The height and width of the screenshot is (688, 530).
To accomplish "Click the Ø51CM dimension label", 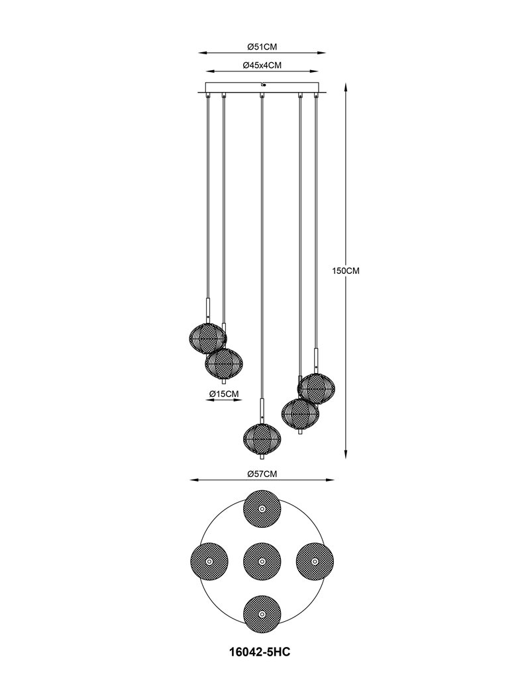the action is point(262,47).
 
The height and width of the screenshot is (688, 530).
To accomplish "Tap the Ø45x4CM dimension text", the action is point(262,65).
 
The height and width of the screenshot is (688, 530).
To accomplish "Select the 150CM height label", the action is point(345,271).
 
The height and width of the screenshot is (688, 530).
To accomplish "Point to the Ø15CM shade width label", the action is point(224,394).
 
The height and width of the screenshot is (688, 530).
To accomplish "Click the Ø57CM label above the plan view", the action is point(262,474).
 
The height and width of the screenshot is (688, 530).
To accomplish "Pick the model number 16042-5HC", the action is point(260,652).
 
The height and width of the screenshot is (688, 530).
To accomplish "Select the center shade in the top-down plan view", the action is point(262,562).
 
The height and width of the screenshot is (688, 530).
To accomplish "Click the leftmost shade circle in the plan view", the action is point(209,562).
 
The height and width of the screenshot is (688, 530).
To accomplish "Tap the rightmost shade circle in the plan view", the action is point(315,562).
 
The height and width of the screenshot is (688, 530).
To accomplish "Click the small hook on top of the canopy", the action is point(262,83).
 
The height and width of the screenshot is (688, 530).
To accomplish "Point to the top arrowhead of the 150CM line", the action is point(346,88).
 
